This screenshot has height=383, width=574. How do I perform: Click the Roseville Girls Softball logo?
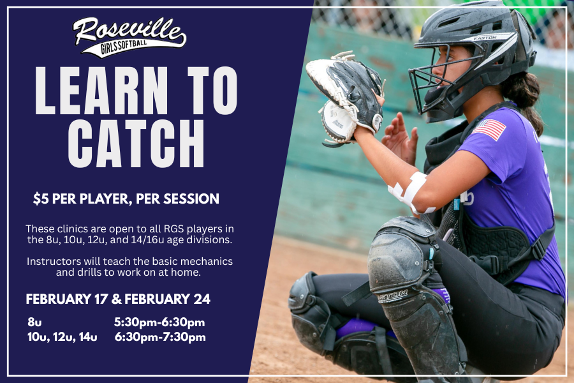[129, 36]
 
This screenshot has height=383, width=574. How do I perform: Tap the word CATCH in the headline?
[136, 140]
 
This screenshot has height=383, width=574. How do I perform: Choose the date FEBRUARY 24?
[168, 299]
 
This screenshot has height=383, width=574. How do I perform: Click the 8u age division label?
[34, 322]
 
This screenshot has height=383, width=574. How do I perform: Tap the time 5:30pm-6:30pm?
[159, 322]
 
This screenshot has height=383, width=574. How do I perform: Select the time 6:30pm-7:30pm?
[160, 337]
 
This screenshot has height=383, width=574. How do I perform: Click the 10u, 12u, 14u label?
[62, 337]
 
